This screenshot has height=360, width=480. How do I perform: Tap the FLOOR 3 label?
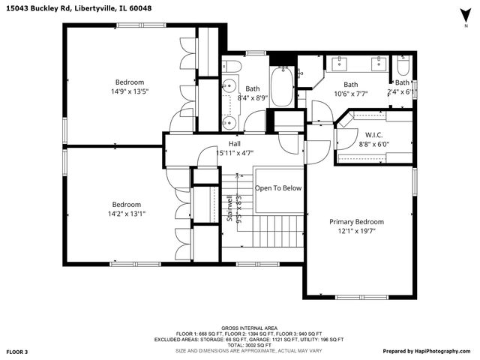coord(17,351)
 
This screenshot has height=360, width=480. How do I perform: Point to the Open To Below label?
coord(278,188)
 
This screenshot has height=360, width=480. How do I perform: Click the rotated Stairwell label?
coord(229,208)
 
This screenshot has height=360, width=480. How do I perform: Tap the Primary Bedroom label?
coord(357,222)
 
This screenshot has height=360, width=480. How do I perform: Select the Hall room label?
coord(235,144)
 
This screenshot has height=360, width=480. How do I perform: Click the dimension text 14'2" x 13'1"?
coord(127,214)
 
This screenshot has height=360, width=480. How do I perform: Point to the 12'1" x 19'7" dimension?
coord(357,231)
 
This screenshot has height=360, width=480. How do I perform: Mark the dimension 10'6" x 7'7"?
coord(352,94)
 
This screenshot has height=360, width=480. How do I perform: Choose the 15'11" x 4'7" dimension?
coord(235,153)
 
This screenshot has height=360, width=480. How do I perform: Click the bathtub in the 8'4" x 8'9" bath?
coord(281,87)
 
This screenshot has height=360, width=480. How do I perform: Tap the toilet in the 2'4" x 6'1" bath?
coord(402,65)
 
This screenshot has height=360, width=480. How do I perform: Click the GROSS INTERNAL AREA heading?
coord(249,328)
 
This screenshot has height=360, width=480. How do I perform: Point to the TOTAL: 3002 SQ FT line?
coord(249,344)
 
